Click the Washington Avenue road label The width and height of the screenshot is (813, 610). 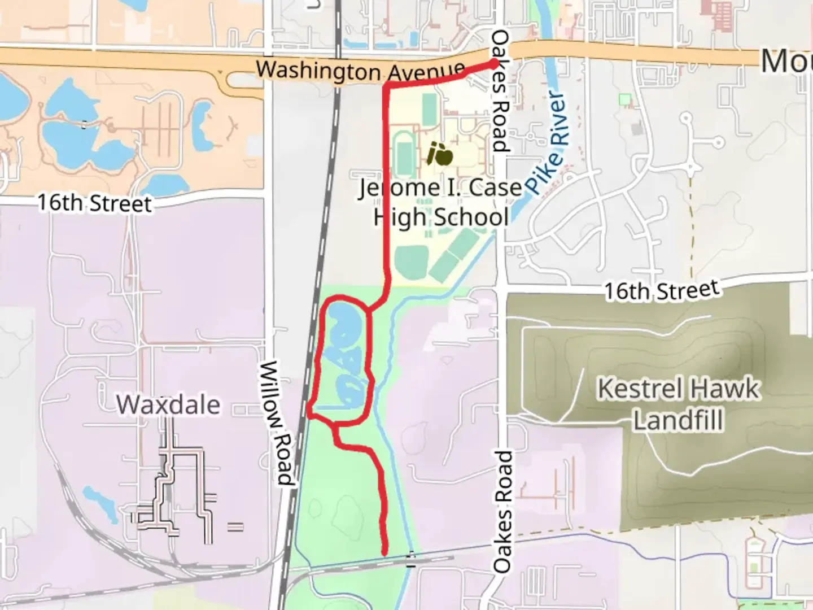(x=360, y=71)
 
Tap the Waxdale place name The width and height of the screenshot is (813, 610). (x=168, y=404)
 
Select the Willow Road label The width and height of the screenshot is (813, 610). (x=277, y=424)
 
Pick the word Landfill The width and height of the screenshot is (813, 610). (x=677, y=420)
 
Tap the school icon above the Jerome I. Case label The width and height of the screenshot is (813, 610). (x=440, y=154)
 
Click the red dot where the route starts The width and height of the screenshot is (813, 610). (x=495, y=63)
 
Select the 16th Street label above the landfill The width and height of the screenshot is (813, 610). (x=662, y=290)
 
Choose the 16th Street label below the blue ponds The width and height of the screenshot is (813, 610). (x=95, y=203)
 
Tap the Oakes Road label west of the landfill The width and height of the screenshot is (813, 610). (x=502, y=511)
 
